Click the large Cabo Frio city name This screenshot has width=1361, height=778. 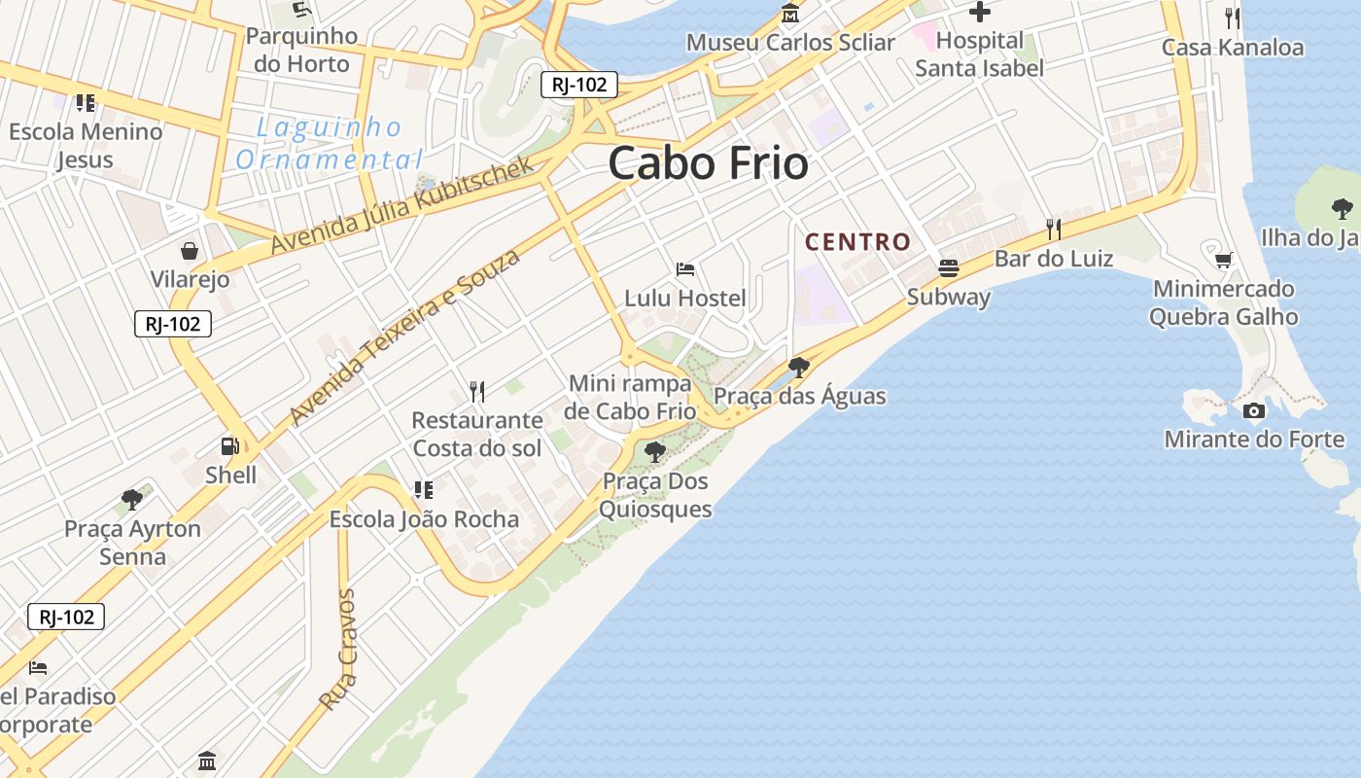click(x=708, y=163)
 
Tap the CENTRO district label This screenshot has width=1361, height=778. click(x=857, y=241)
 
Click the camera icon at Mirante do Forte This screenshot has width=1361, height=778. click(x=1254, y=410)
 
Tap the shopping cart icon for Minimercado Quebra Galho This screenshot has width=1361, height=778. click(x=1223, y=260)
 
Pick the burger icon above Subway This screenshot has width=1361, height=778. click(x=949, y=267)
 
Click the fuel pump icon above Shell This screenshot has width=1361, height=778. click(x=230, y=446)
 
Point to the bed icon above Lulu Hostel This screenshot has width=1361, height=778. click(x=685, y=269)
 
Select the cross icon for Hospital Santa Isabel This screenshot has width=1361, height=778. click(x=979, y=13)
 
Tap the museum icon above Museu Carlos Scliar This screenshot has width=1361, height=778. click(x=790, y=14)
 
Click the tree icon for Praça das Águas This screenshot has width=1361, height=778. click(x=799, y=367)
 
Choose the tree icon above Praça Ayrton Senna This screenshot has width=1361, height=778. click(x=132, y=500)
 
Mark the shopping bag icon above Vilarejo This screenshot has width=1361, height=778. click(x=190, y=251)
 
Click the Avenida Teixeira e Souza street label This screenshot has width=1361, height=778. click(x=404, y=336)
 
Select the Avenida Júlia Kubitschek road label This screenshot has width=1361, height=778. click(x=402, y=204)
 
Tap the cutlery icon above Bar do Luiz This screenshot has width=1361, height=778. click(x=1053, y=230)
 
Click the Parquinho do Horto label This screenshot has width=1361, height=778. click(x=301, y=50)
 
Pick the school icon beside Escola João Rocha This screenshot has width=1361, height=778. click(x=423, y=489)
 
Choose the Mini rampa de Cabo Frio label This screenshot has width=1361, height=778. click(x=630, y=397)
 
